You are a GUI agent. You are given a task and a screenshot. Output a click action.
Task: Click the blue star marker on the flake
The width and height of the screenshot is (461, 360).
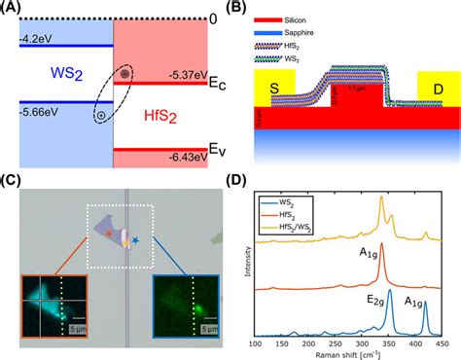click(149, 238)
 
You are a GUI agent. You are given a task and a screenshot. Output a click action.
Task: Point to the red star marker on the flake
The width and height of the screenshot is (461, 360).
click(109, 234)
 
